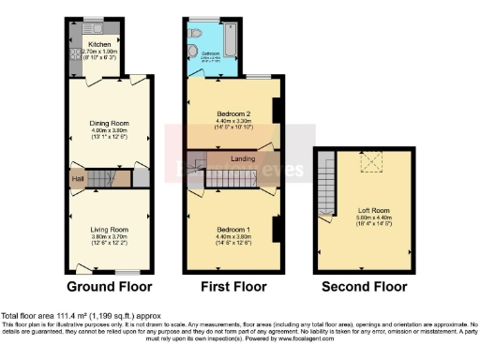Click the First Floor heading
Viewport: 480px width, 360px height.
(x=232, y=286)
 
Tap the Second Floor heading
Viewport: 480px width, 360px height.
(x=365, y=286)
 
